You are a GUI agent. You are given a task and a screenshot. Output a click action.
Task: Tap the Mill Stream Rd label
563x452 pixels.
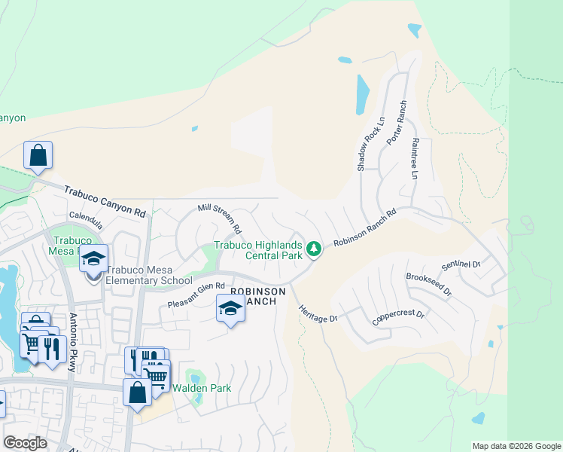(219, 217)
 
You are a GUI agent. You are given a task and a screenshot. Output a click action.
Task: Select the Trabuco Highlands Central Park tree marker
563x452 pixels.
(315, 247)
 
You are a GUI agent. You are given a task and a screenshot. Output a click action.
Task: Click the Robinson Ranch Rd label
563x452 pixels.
(365, 229)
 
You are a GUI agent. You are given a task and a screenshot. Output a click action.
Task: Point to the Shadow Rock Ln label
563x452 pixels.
(371, 143)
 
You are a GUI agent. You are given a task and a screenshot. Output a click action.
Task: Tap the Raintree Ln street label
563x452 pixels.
(413, 157)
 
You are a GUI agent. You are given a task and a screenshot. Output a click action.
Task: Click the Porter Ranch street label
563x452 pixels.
(396, 123)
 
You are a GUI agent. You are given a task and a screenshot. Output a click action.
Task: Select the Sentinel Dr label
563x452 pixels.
(461, 264)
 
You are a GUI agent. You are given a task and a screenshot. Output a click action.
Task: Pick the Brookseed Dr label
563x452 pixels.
(428, 285)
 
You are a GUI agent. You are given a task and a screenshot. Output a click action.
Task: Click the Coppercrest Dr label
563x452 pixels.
(398, 316)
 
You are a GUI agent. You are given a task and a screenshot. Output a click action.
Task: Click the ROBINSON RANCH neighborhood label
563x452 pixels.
(257, 296)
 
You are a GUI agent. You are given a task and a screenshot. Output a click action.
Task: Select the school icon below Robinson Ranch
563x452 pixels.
(230, 309)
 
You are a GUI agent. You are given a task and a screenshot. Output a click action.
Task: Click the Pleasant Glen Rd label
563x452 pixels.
(196, 295)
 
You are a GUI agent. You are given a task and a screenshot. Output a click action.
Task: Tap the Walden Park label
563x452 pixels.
(202, 388)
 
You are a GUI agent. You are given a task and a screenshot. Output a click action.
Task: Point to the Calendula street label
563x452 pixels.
(85, 215)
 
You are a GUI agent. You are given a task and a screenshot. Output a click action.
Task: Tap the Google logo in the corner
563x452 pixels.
(25, 443)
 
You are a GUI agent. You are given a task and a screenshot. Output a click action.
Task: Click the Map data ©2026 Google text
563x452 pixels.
(516, 446)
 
